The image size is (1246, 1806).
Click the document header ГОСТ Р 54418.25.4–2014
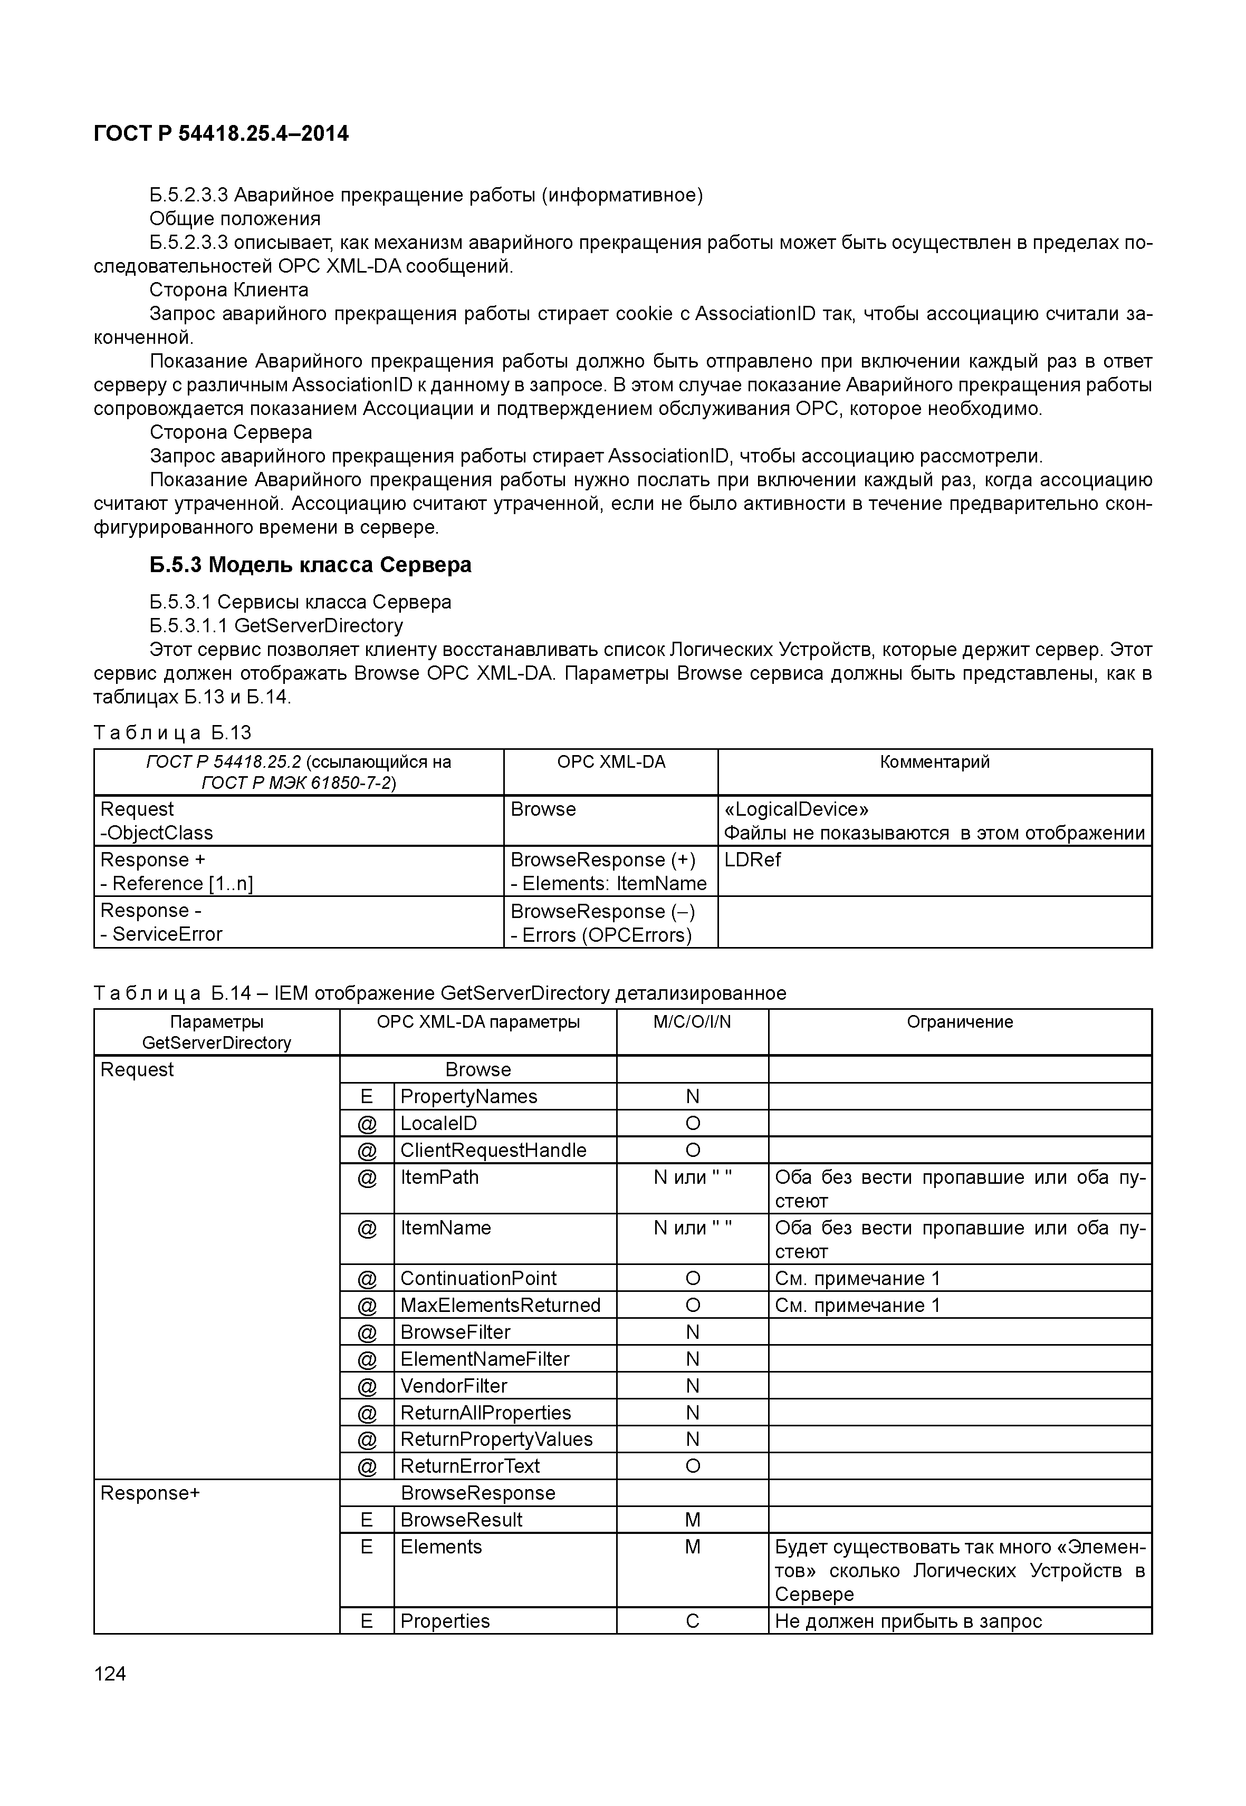[x=221, y=133]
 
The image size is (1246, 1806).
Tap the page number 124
[x=110, y=1673]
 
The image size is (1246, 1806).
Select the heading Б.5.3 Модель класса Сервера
[x=310, y=564]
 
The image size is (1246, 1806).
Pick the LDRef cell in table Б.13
[x=753, y=859]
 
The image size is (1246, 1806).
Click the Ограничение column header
[x=960, y=1021]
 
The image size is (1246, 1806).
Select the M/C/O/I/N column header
[x=692, y=1021]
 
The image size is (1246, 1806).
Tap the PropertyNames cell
[x=468, y=1097]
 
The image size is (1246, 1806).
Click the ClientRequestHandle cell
[x=493, y=1151]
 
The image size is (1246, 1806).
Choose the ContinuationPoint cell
[x=478, y=1278]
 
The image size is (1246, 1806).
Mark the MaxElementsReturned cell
[x=500, y=1305]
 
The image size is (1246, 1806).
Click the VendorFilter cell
[x=454, y=1386]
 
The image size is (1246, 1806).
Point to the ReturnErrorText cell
[x=470, y=1466]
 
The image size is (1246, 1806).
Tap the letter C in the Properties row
[x=692, y=1621]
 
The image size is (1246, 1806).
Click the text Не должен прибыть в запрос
[x=908, y=1621]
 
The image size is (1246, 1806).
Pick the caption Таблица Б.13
[x=172, y=732]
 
